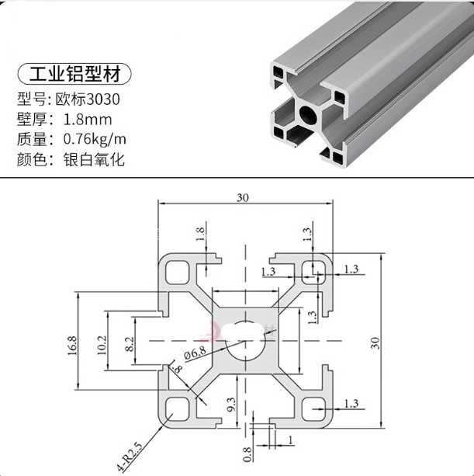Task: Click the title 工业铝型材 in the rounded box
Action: pyautogui.click(x=74, y=74)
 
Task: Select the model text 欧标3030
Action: pyautogui.click(x=88, y=99)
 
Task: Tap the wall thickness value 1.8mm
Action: pyautogui.click(x=88, y=120)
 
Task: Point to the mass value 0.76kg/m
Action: pyautogui.click(x=95, y=139)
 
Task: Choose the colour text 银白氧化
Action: pyautogui.click(x=94, y=159)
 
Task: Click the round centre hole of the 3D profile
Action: pyautogui.click(x=309, y=114)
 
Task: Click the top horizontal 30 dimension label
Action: pyautogui.click(x=243, y=198)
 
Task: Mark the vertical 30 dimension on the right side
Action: pyautogui.click(x=375, y=343)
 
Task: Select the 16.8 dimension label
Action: pyautogui.click(x=72, y=346)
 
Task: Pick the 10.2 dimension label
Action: pyautogui.click(x=102, y=345)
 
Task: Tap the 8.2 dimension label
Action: pyautogui.click(x=130, y=344)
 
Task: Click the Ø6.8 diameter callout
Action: pyautogui.click(x=195, y=353)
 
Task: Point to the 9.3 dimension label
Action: pyautogui.click(x=231, y=405)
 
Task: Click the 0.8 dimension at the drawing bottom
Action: pyautogui.click(x=247, y=454)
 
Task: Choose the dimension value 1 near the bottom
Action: pyautogui.click(x=290, y=440)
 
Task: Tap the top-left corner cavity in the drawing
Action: pyautogui.click(x=178, y=273)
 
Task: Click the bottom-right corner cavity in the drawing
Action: pyautogui.click(x=313, y=409)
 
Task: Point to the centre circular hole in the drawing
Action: pyautogui.click(x=246, y=340)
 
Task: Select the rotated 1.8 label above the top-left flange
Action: pyautogui.click(x=200, y=234)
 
